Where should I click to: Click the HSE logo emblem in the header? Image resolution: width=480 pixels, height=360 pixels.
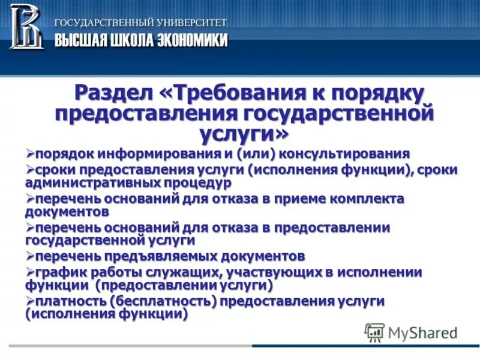[26, 26]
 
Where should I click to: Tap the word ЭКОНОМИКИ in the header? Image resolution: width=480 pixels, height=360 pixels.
[193, 40]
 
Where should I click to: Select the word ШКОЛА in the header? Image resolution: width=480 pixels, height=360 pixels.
[131, 40]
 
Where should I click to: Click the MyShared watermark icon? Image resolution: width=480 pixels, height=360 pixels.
[374, 331]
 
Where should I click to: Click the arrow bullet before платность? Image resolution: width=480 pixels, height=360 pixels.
[30, 300]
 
